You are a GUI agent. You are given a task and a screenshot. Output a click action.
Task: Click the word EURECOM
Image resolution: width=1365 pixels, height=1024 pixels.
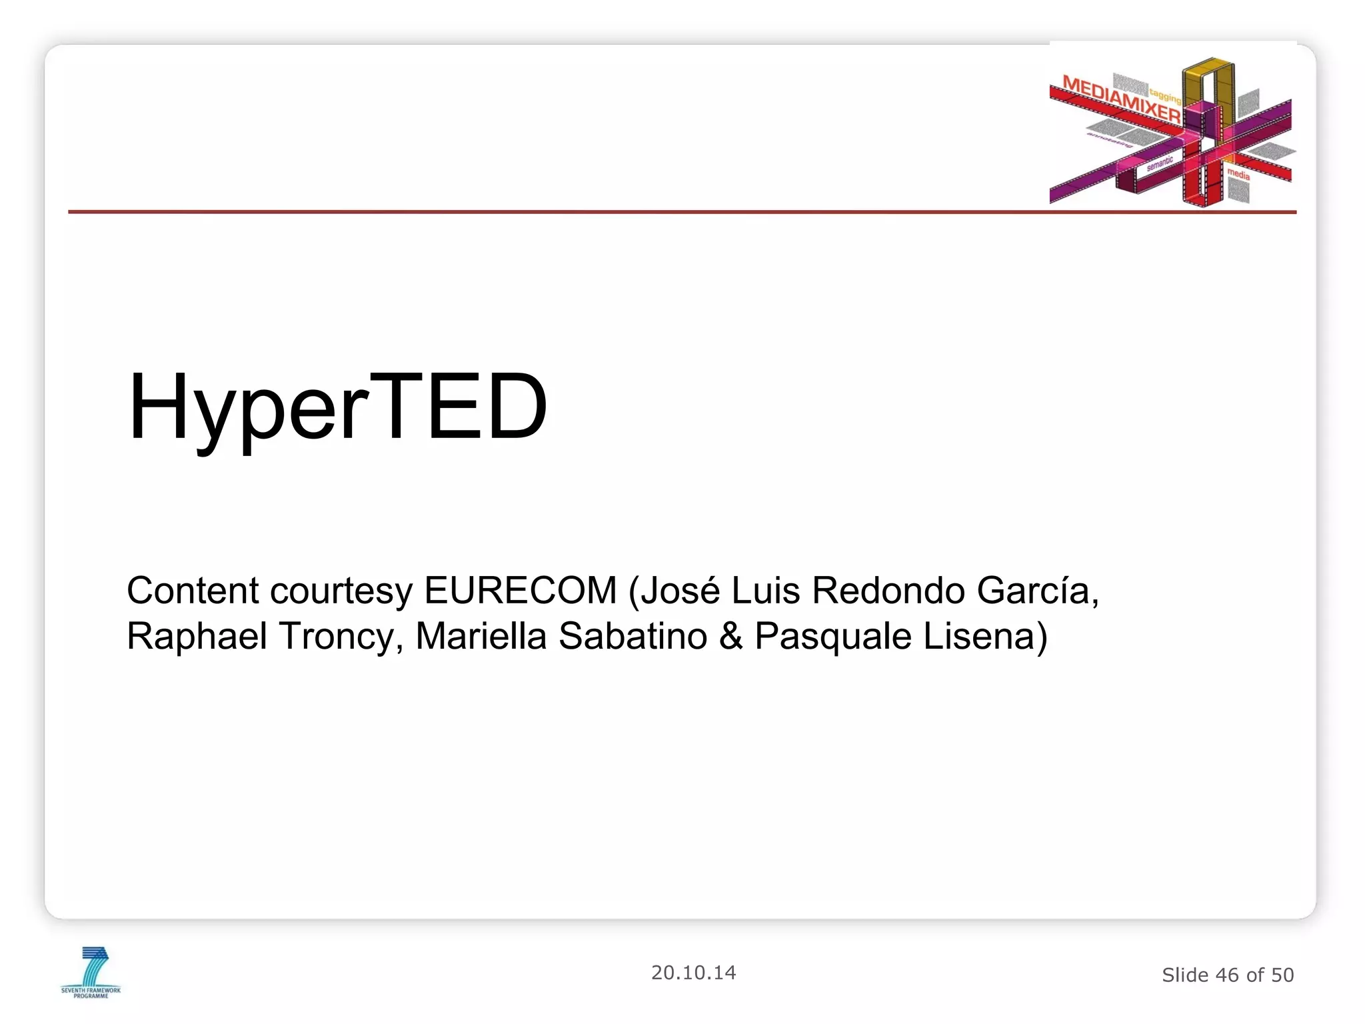(521, 591)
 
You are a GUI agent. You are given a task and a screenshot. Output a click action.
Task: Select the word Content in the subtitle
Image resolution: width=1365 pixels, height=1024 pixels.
(193, 591)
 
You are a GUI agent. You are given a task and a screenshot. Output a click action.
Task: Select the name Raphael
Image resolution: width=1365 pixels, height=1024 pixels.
(197, 636)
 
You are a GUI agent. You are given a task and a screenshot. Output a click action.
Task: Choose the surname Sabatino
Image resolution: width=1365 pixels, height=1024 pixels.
(633, 636)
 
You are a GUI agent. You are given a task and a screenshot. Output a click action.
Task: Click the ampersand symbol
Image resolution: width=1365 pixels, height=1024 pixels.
(730, 636)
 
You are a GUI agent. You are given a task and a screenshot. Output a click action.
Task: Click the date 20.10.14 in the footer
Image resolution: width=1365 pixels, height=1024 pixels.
(693, 973)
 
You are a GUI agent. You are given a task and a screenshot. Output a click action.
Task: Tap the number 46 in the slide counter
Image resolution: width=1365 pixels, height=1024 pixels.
(1227, 975)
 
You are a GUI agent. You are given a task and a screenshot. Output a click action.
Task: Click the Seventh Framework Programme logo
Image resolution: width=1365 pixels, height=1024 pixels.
(91, 972)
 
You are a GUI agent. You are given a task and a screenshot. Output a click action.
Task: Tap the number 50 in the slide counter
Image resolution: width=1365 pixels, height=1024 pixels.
(1282, 975)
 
